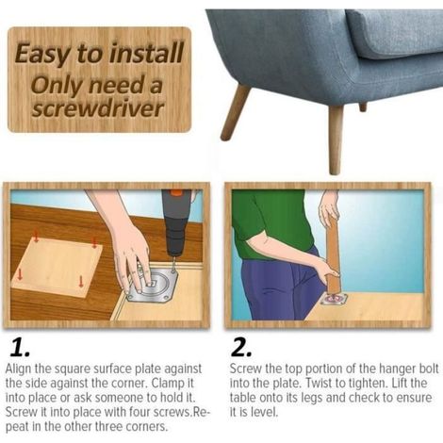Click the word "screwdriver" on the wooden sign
coord(98,109)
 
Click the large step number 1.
coord(20,348)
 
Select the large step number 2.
coord(241,348)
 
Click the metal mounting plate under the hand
coord(153,286)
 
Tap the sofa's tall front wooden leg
coord(336,139)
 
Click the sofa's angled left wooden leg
coord(235,112)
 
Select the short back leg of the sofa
coord(363,107)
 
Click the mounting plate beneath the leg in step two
coord(334,299)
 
